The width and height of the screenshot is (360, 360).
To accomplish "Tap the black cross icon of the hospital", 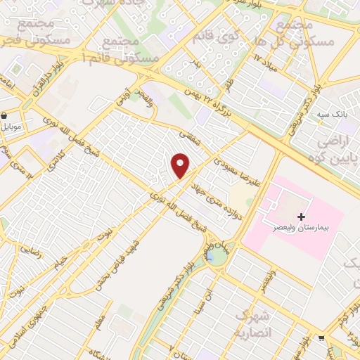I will click(302, 217).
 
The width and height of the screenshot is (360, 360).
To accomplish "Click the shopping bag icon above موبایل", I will click(5, 115).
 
